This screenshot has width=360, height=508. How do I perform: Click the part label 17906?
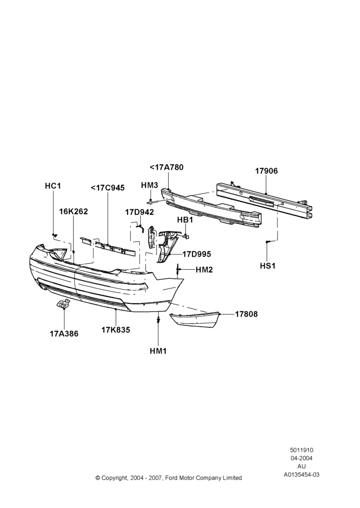pos(266,171)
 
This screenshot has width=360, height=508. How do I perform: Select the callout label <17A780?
pos(167,167)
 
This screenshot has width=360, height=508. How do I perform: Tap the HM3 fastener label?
pos(149,185)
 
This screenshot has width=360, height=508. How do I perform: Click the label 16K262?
pos(73,211)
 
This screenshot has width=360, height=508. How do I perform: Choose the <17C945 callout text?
pos(108,188)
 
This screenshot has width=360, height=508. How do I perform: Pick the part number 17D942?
pos(139,212)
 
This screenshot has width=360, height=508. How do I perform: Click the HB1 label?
pos(185,219)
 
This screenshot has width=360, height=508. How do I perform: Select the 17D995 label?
pos(197,255)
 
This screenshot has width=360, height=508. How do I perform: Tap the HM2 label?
pos(204,270)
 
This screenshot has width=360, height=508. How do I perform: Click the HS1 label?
pos(267,266)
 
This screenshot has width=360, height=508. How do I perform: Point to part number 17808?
pos(247,314)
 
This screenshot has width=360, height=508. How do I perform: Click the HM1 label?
pos(158,351)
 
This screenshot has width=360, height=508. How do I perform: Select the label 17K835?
pos(116,330)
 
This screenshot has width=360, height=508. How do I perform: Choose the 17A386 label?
pos(64,333)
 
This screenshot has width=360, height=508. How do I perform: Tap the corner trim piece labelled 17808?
pos(195,320)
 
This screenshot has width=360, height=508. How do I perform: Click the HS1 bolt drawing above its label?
pos(267,242)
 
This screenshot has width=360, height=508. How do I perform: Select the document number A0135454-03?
pos(302,474)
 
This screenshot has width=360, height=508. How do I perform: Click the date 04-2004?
pos(302,458)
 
